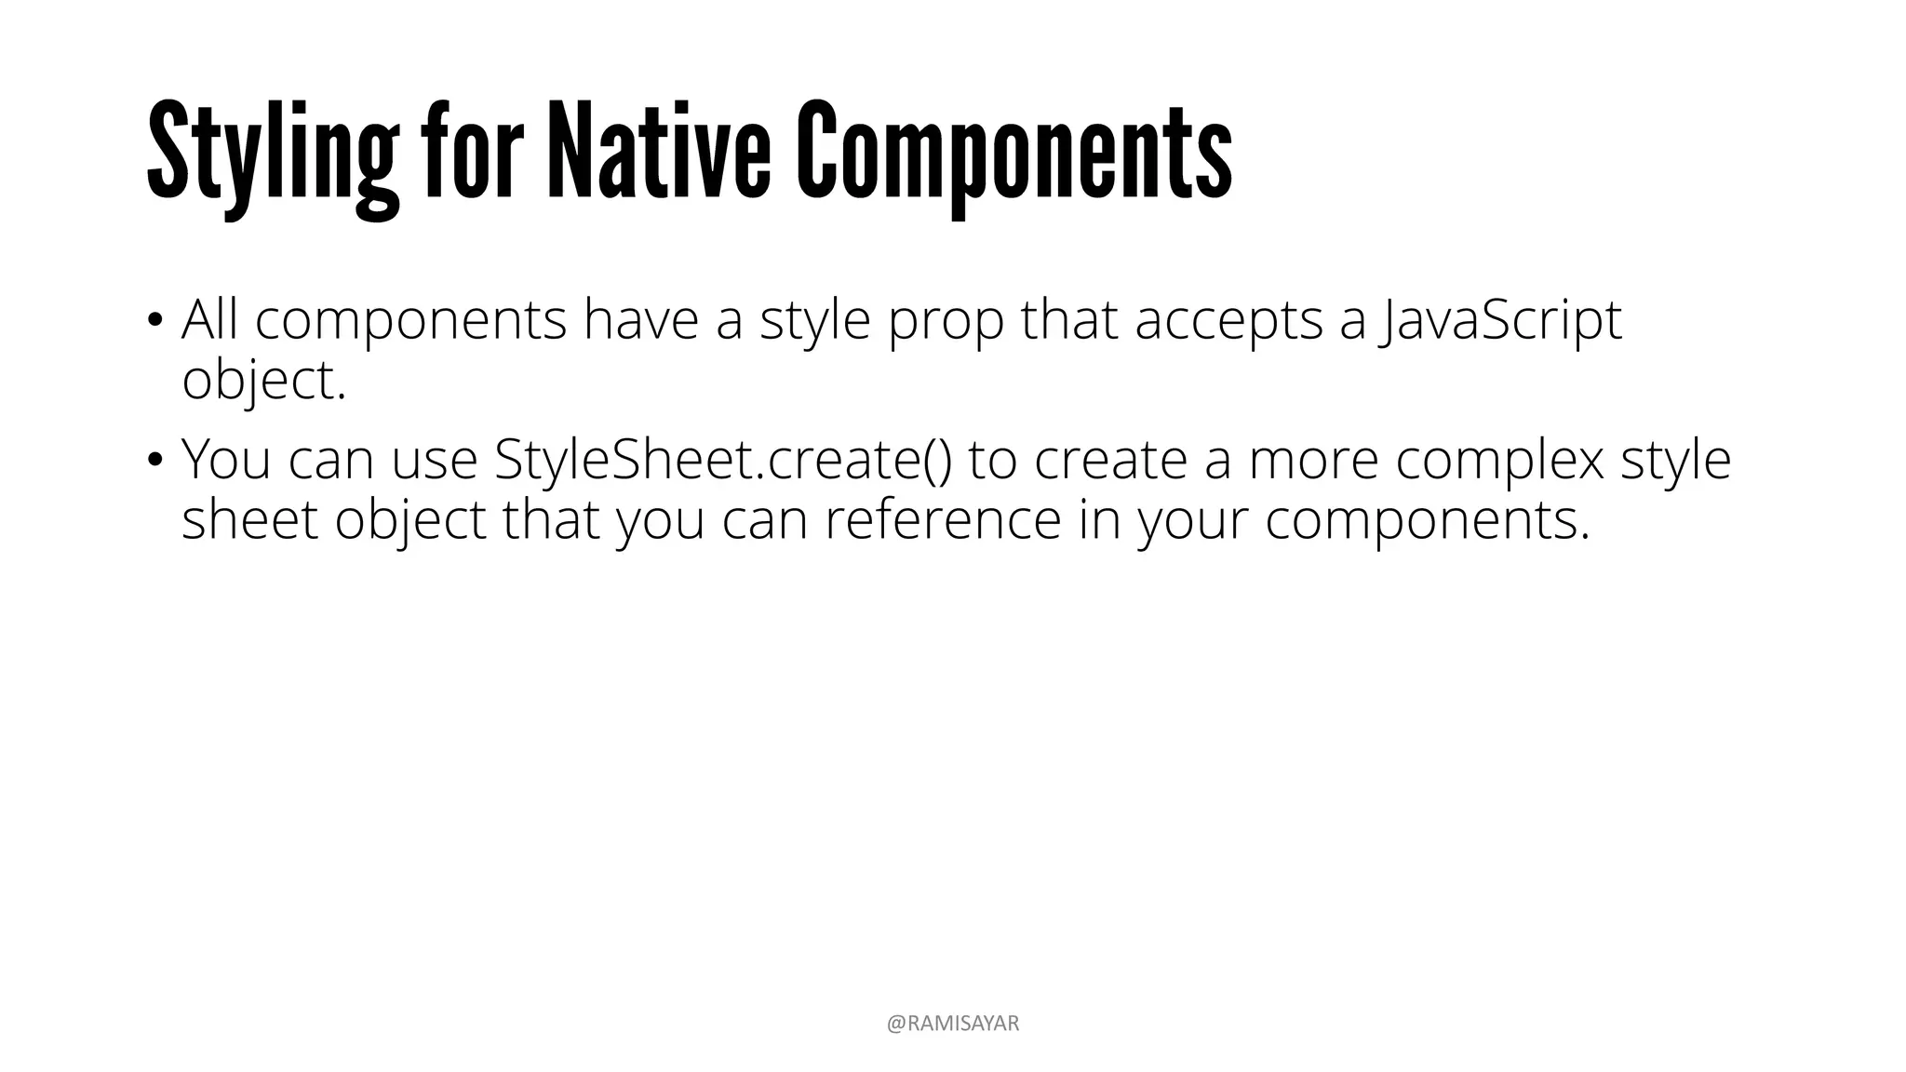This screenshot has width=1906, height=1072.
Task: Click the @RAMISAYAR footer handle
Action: click(x=953, y=1024)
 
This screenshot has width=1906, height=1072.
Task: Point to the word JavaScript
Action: click(x=1502, y=321)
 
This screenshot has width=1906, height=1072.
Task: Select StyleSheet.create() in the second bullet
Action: click(x=723, y=460)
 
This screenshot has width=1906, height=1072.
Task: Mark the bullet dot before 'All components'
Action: click(x=154, y=322)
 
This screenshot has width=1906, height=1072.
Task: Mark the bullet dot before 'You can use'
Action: click(x=154, y=460)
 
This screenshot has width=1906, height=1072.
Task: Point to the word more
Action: click(x=1312, y=462)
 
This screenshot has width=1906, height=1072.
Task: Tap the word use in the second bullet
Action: click(x=434, y=462)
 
